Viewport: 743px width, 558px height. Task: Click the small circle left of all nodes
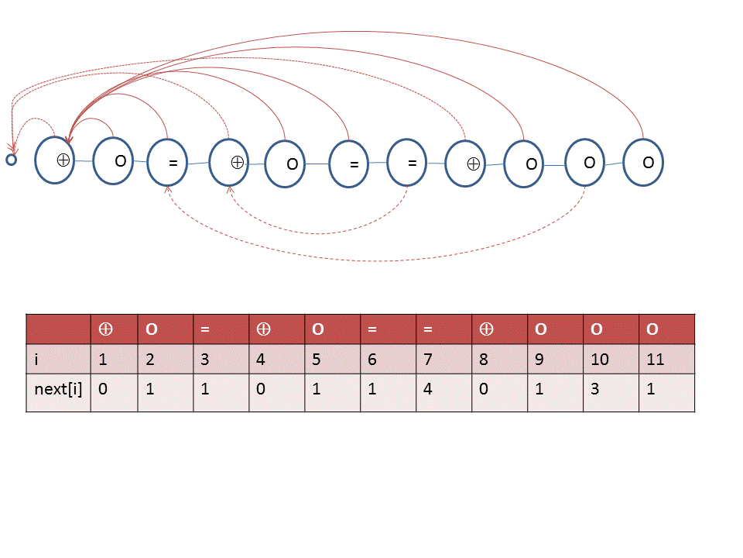(x=12, y=160)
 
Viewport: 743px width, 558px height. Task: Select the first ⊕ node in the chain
(x=54, y=160)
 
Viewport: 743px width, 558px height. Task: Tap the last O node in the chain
(x=643, y=162)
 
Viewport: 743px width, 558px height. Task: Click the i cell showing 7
(x=444, y=359)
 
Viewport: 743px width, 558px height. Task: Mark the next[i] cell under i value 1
(x=115, y=393)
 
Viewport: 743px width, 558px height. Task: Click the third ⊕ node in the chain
(x=465, y=164)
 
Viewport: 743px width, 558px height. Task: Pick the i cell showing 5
(x=333, y=359)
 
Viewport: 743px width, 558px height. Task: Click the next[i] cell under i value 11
(x=666, y=393)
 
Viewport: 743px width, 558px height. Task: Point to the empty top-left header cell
(x=58, y=329)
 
